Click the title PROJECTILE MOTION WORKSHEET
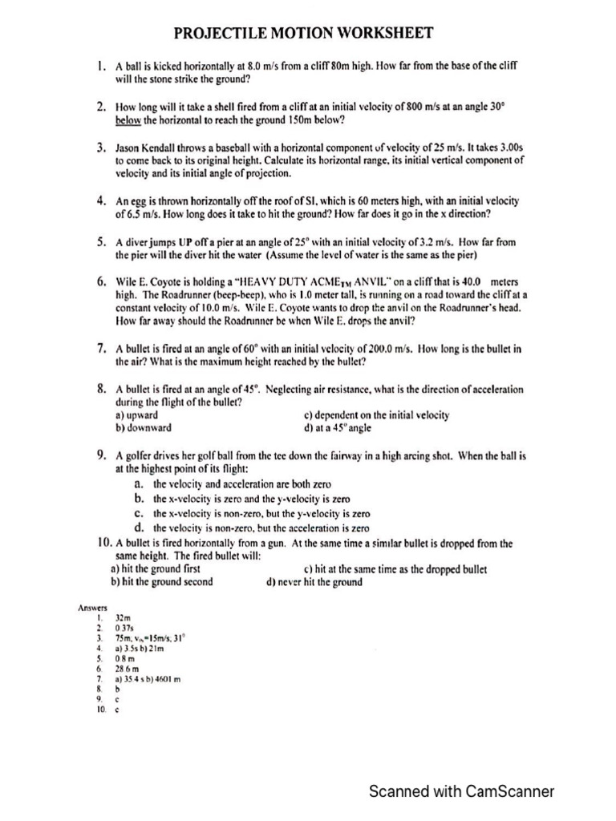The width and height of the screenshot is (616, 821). [304, 33]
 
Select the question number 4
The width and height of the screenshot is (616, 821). [102, 199]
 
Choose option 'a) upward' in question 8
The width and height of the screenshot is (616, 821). [137, 415]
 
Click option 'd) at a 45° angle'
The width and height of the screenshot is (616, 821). [342, 428]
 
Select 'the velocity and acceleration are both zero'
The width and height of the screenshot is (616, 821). [241, 485]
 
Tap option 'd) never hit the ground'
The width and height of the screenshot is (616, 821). [314, 582]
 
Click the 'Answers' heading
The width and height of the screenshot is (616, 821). [92, 609]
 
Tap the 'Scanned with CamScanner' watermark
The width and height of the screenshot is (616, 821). [460, 792]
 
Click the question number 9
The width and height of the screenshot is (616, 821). [103, 455]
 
